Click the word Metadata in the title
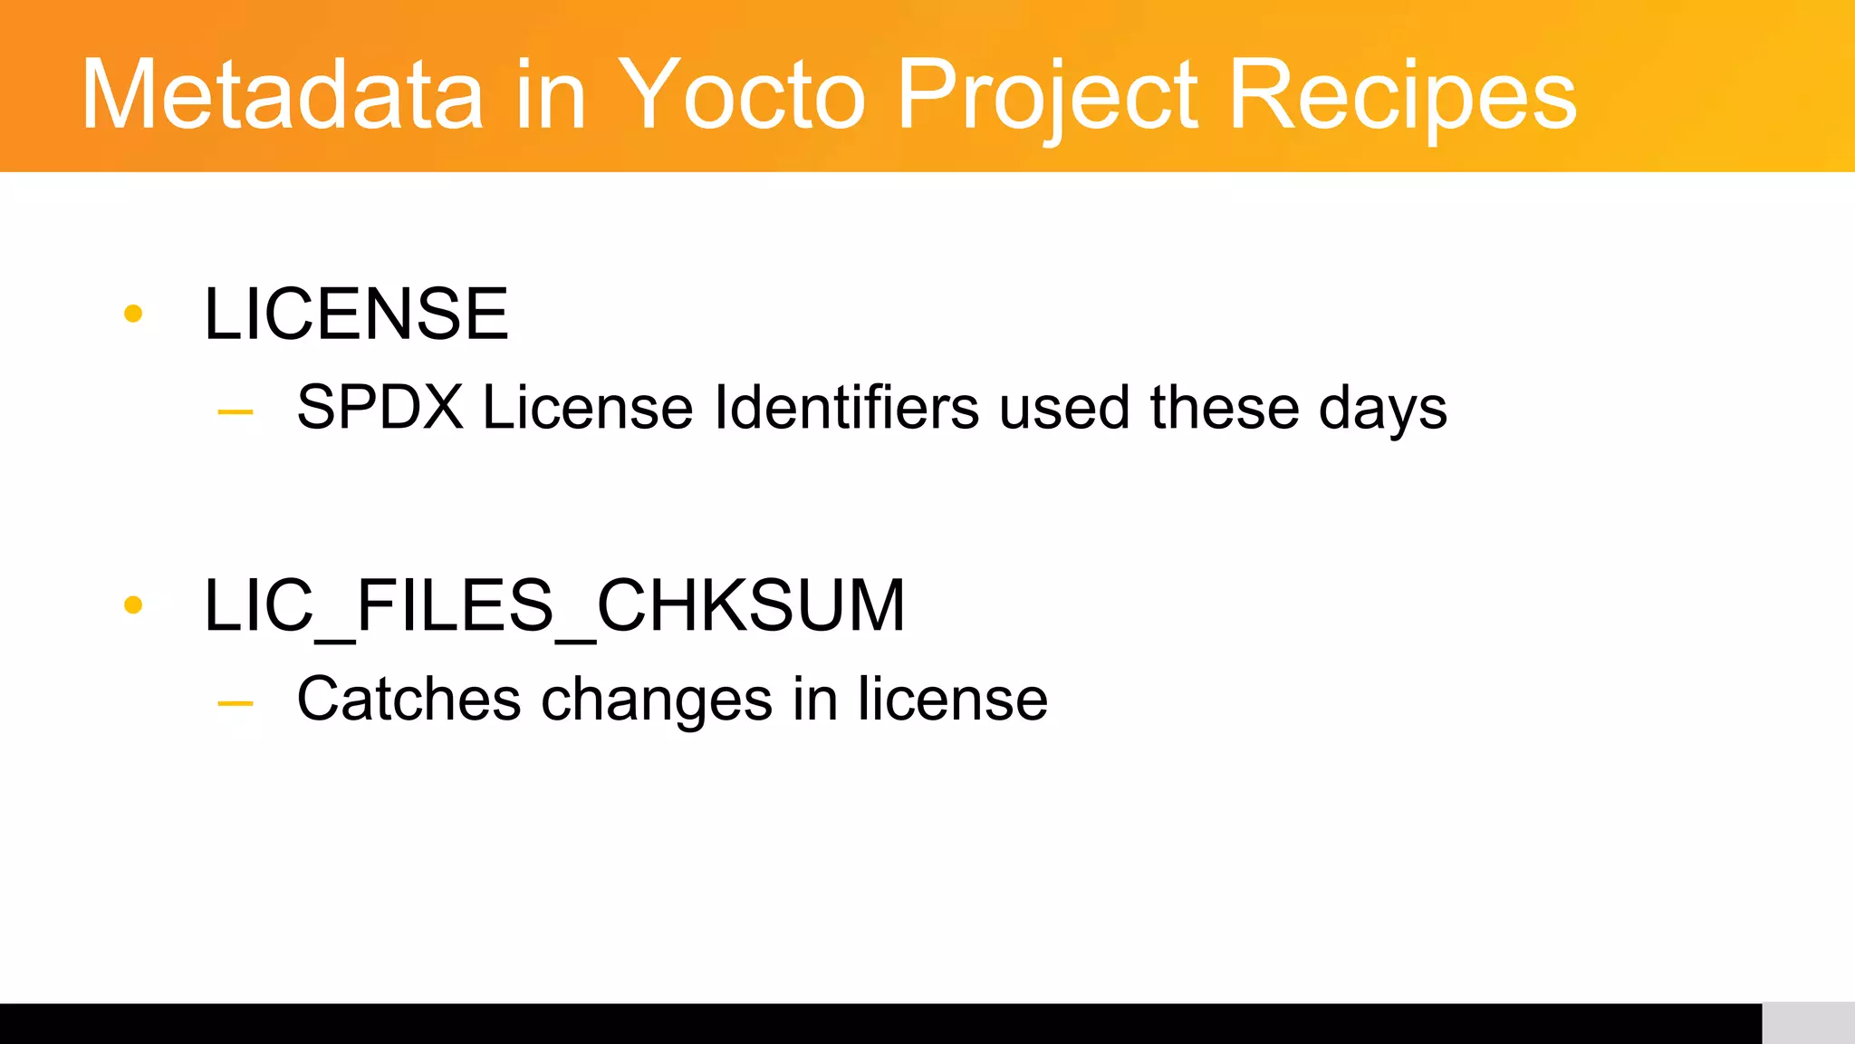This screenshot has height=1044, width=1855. (282, 95)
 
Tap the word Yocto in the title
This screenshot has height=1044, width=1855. (741, 95)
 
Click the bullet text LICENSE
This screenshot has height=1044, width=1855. (357, 314)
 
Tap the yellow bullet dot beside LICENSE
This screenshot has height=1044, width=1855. (133, 314)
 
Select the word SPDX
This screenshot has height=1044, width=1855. (380, 407)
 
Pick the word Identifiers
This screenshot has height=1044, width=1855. (847, 407)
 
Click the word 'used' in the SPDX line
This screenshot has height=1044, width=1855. (1064, 407)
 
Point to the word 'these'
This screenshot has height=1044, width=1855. (1225, 407)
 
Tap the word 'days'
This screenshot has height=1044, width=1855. (1383, 409)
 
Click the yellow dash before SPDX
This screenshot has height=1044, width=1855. (235, 412)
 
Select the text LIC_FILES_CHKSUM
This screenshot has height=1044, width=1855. (554, 605)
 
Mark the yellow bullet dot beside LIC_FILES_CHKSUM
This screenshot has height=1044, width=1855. (133, 605)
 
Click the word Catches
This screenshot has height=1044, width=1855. (409, 699)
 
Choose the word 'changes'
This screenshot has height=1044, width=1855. (657, 701)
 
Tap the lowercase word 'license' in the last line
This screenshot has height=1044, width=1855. (953, 699)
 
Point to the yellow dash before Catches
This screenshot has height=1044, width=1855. (235, 703)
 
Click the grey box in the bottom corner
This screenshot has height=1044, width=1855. (1808, 1023)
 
